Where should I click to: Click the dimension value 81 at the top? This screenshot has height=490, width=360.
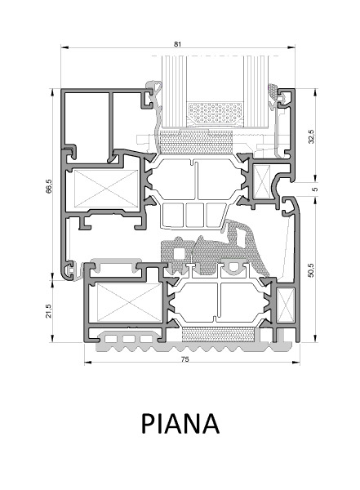[177, 44]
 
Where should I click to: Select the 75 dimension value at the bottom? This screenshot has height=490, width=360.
[185, 359]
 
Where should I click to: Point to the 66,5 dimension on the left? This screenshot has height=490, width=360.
[49, 186]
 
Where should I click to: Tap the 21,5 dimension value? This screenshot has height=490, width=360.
[49, 311]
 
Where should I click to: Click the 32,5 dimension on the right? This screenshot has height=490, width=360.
[311, 136]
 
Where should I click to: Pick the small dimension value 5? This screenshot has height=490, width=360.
[314, 189]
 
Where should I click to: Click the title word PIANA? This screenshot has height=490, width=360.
[180, 423]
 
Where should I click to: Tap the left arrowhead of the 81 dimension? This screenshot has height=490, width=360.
[64, 47]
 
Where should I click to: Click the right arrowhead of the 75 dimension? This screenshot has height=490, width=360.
[296, 363]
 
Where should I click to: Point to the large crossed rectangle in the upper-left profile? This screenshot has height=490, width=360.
[106, 189]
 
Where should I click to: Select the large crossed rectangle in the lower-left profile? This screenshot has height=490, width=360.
[129, 302]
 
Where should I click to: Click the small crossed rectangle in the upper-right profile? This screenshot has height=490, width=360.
[262, 182]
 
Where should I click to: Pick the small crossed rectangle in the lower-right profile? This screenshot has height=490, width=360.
[286, 305]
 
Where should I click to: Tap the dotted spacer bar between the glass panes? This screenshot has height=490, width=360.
[216, 114]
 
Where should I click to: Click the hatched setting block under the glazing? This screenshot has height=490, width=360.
[196, 142]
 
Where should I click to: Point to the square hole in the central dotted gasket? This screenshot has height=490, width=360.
[179, 254]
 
